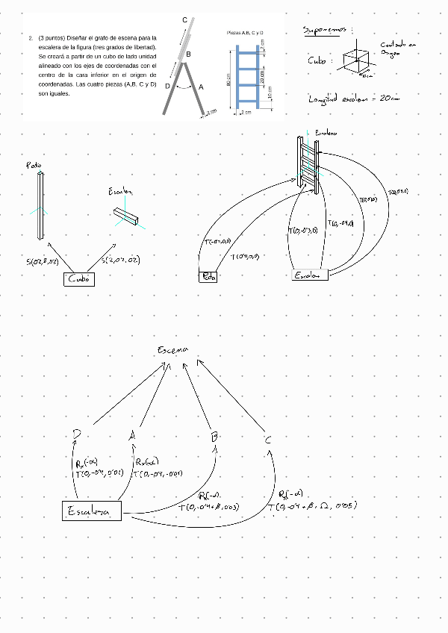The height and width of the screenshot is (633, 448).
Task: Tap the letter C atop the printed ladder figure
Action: click(x=184, y=19)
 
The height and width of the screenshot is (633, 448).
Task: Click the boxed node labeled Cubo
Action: click(x=79, y=279)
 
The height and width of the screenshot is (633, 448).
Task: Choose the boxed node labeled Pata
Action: click(x=208, y=277)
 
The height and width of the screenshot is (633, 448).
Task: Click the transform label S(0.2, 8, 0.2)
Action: click(x=43, y=261)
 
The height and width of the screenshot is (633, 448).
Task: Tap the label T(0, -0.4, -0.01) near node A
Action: click(x=158, y=473)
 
